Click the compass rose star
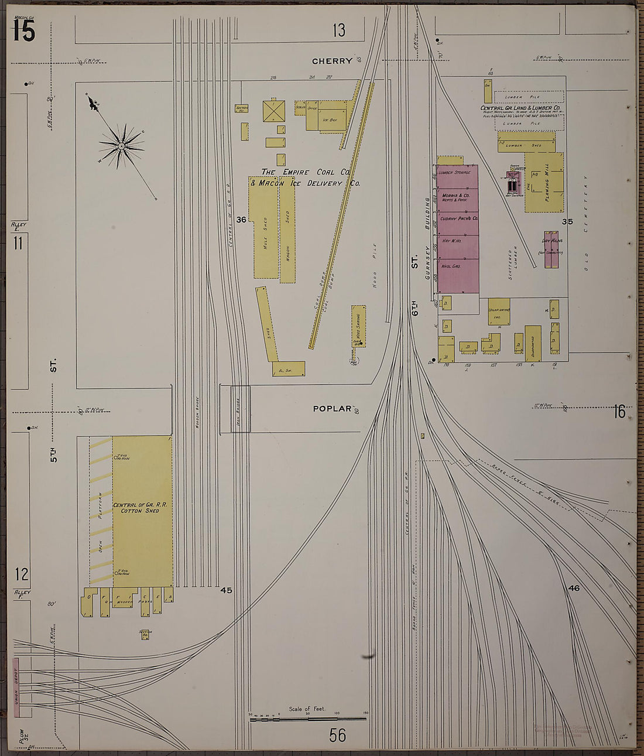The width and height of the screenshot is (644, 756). click(121, 145)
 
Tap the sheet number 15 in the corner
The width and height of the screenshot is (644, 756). click(23, 30)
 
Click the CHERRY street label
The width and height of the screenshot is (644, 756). click(332, 61)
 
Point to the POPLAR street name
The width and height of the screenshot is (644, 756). click(332, 409)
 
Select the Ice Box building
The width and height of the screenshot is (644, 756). click(330, 119)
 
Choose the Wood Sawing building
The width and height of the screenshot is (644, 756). click(358, 325)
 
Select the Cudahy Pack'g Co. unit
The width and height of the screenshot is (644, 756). click(459, 218)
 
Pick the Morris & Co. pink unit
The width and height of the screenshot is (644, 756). click(458, 197)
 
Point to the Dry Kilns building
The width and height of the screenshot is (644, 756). click(551, 249)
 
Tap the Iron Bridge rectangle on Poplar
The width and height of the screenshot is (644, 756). click(240, 409)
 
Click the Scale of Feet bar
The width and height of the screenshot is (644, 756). click(308, 718)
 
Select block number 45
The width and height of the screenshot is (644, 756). click(226, 590)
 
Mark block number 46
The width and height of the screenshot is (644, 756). click(574, 588)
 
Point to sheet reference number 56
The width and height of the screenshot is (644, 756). click(338, 734)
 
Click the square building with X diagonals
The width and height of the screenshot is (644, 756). click(273, 111)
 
